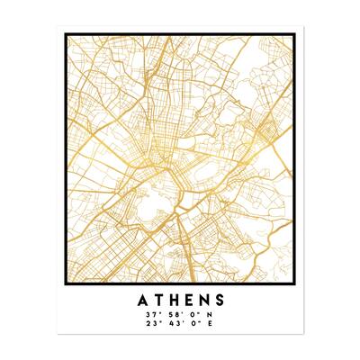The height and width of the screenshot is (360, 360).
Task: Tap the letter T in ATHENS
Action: click(x=160, y=298)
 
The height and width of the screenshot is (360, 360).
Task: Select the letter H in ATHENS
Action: click(x=177, y=298)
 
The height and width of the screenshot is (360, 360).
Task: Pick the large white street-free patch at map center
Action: click(x=165, y=192)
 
